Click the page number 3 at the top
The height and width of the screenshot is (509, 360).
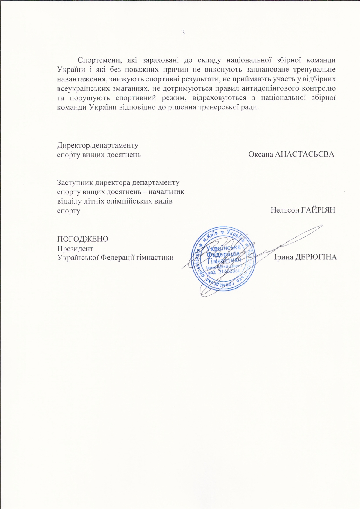(183, 33)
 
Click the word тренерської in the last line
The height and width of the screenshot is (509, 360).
(220, 107)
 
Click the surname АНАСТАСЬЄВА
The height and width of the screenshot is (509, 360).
(304, 154)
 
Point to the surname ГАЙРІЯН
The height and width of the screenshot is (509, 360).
(318, 210)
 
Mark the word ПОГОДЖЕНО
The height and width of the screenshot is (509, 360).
(83, 239)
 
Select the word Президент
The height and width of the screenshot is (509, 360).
(75, 249)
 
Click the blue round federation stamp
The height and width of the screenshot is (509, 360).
(223, 258)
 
